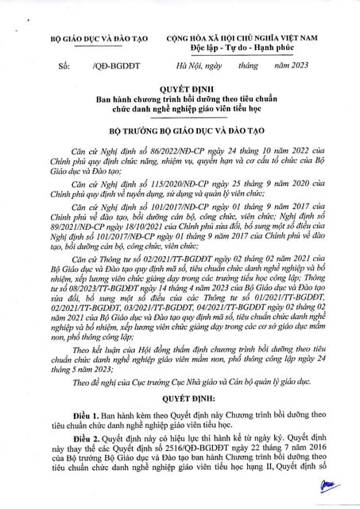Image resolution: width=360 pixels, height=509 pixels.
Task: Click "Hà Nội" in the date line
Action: pos(190,68)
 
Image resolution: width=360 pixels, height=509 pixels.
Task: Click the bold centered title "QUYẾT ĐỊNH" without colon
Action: pos(180,90)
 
